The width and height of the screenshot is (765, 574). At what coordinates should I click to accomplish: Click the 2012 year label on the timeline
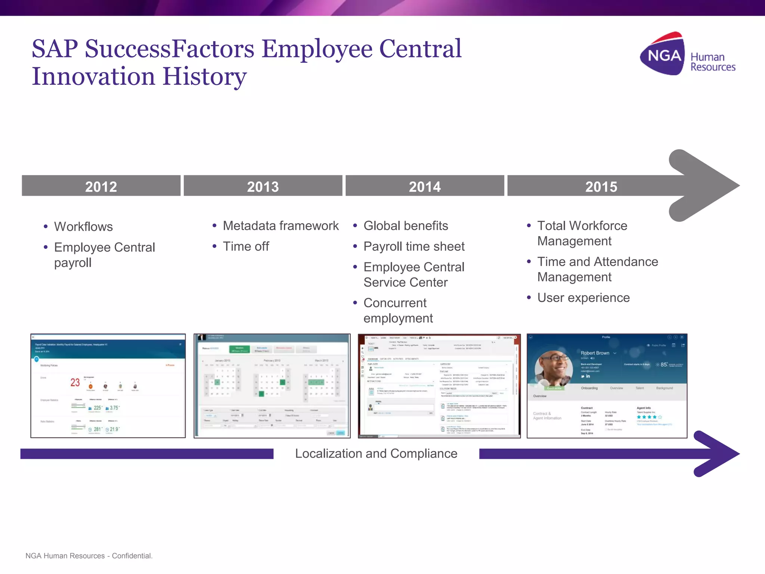click(x=101, y=186)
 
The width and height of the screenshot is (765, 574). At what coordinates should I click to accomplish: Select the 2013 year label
click(x=263, y=186)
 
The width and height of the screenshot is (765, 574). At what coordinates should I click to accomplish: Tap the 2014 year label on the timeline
click(x=425, y=186)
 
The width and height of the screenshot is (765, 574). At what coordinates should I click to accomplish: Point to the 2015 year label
click(x=601, y=186)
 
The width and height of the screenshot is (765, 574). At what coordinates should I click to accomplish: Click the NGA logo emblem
click(x=663, y=55)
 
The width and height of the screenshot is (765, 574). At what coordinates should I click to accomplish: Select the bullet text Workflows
click(x=83, y=227)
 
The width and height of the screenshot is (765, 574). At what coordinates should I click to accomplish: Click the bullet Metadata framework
click(x=281, y=226)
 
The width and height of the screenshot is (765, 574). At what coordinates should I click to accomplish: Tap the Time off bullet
click(x=246, y=247)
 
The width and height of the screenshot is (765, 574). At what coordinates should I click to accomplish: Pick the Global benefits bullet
click(x=406, y=226)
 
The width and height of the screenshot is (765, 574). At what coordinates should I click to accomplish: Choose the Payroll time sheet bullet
click(x=414, y=247)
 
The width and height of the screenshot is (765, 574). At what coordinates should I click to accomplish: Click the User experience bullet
click(x=583, y=298)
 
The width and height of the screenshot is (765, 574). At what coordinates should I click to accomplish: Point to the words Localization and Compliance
click(x=376, y=454)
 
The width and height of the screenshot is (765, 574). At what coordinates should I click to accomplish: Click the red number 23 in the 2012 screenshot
click(x=75, y=382)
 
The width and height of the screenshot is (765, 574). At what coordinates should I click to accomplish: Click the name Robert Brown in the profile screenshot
click(x=595, y=353)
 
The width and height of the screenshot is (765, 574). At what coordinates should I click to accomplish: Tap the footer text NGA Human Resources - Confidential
click(x=89, y=556)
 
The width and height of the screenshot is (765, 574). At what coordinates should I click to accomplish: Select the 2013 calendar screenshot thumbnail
click(x=272, y=386)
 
